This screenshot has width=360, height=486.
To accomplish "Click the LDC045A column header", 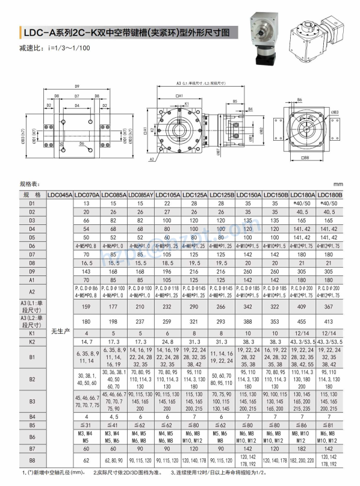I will pos(60,195).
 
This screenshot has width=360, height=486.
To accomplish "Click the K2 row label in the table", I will pos(32,342).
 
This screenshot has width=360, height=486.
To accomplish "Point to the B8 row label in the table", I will pos(32,461).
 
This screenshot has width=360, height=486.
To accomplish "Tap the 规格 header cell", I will pos(32,195).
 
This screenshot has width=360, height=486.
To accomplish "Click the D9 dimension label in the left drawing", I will pos(77,85).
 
